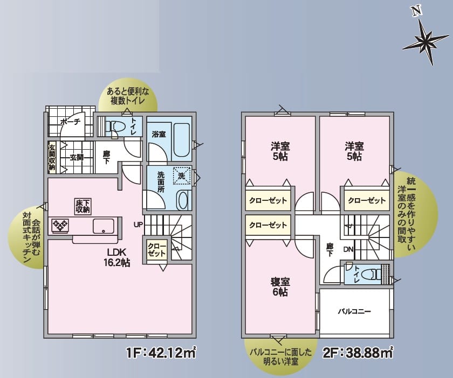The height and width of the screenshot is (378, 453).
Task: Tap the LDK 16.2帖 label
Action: (116, 257)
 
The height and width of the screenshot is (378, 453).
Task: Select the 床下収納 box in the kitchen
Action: (83, 207)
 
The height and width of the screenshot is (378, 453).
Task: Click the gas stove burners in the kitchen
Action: (60, 225)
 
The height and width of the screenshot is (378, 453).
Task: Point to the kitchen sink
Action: (104, 226)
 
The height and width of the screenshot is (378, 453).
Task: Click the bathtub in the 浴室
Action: (182, 140)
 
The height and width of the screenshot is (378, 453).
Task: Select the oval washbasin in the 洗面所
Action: (183, 200)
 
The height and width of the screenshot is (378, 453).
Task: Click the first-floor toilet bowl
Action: (115, 127)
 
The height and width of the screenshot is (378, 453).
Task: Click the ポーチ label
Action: (70, 122)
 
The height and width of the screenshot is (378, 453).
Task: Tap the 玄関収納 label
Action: (52, 157)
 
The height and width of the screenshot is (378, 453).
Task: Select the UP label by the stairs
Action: (138, 224)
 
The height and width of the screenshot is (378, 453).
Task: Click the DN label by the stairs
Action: (348, 249)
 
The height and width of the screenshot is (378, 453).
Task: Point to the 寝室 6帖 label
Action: (280, 286)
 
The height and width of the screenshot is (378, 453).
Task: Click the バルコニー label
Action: (354, 311)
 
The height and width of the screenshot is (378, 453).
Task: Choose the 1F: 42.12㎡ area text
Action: (161, 352)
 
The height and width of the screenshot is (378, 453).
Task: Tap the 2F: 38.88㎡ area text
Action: (358, 352)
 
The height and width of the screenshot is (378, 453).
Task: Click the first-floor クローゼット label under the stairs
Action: (157, 250)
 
